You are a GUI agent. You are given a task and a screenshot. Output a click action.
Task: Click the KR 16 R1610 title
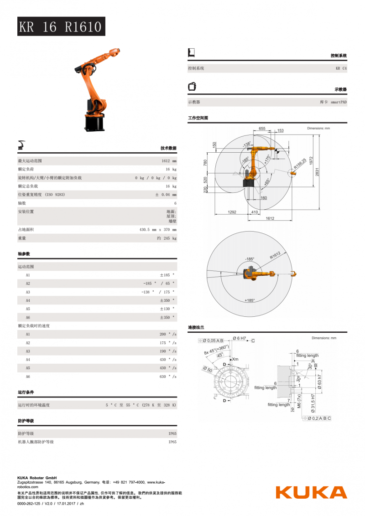point(61,27)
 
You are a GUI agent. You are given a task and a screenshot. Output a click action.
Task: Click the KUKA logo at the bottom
point(311,492)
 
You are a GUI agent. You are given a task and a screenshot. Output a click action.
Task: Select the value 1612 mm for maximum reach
point(168,161)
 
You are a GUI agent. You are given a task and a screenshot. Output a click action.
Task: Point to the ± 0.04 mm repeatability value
point(166,195)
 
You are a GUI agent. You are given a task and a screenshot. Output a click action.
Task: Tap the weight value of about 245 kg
point(167,238)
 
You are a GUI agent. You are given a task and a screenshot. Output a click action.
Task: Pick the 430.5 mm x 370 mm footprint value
point(157,230)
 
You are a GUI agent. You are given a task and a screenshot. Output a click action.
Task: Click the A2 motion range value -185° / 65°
point(158,284)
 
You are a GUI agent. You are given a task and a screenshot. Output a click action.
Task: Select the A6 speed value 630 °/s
point(167,377)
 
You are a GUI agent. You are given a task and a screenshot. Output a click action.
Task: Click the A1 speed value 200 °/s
point(167,335)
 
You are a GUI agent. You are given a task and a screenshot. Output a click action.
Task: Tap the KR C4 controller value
point(341,68)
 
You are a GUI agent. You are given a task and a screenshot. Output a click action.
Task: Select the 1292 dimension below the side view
point(232,212)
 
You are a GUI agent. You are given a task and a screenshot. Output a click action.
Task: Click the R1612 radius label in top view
point(275,255)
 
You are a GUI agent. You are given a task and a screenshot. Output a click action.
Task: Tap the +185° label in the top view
point(249,300)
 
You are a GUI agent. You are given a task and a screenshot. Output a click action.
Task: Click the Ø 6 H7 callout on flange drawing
point(240,338)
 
